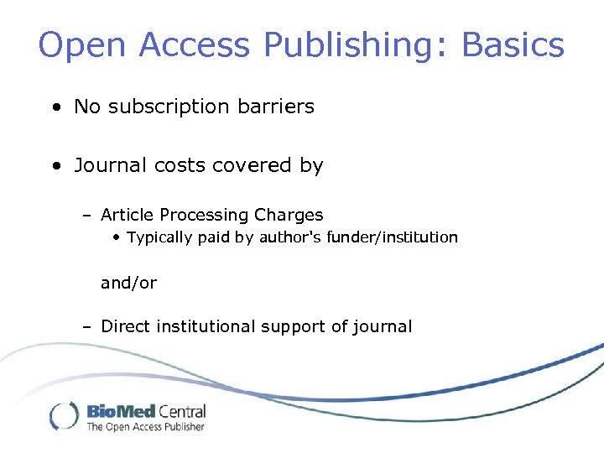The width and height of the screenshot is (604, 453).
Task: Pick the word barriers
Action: (275, 107)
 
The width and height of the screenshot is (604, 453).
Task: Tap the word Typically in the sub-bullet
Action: (159, 237)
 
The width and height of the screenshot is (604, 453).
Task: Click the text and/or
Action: (128, 284)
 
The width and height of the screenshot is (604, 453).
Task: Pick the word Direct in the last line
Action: (122, 326)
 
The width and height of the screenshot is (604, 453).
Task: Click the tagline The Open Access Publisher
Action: (146, 427)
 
